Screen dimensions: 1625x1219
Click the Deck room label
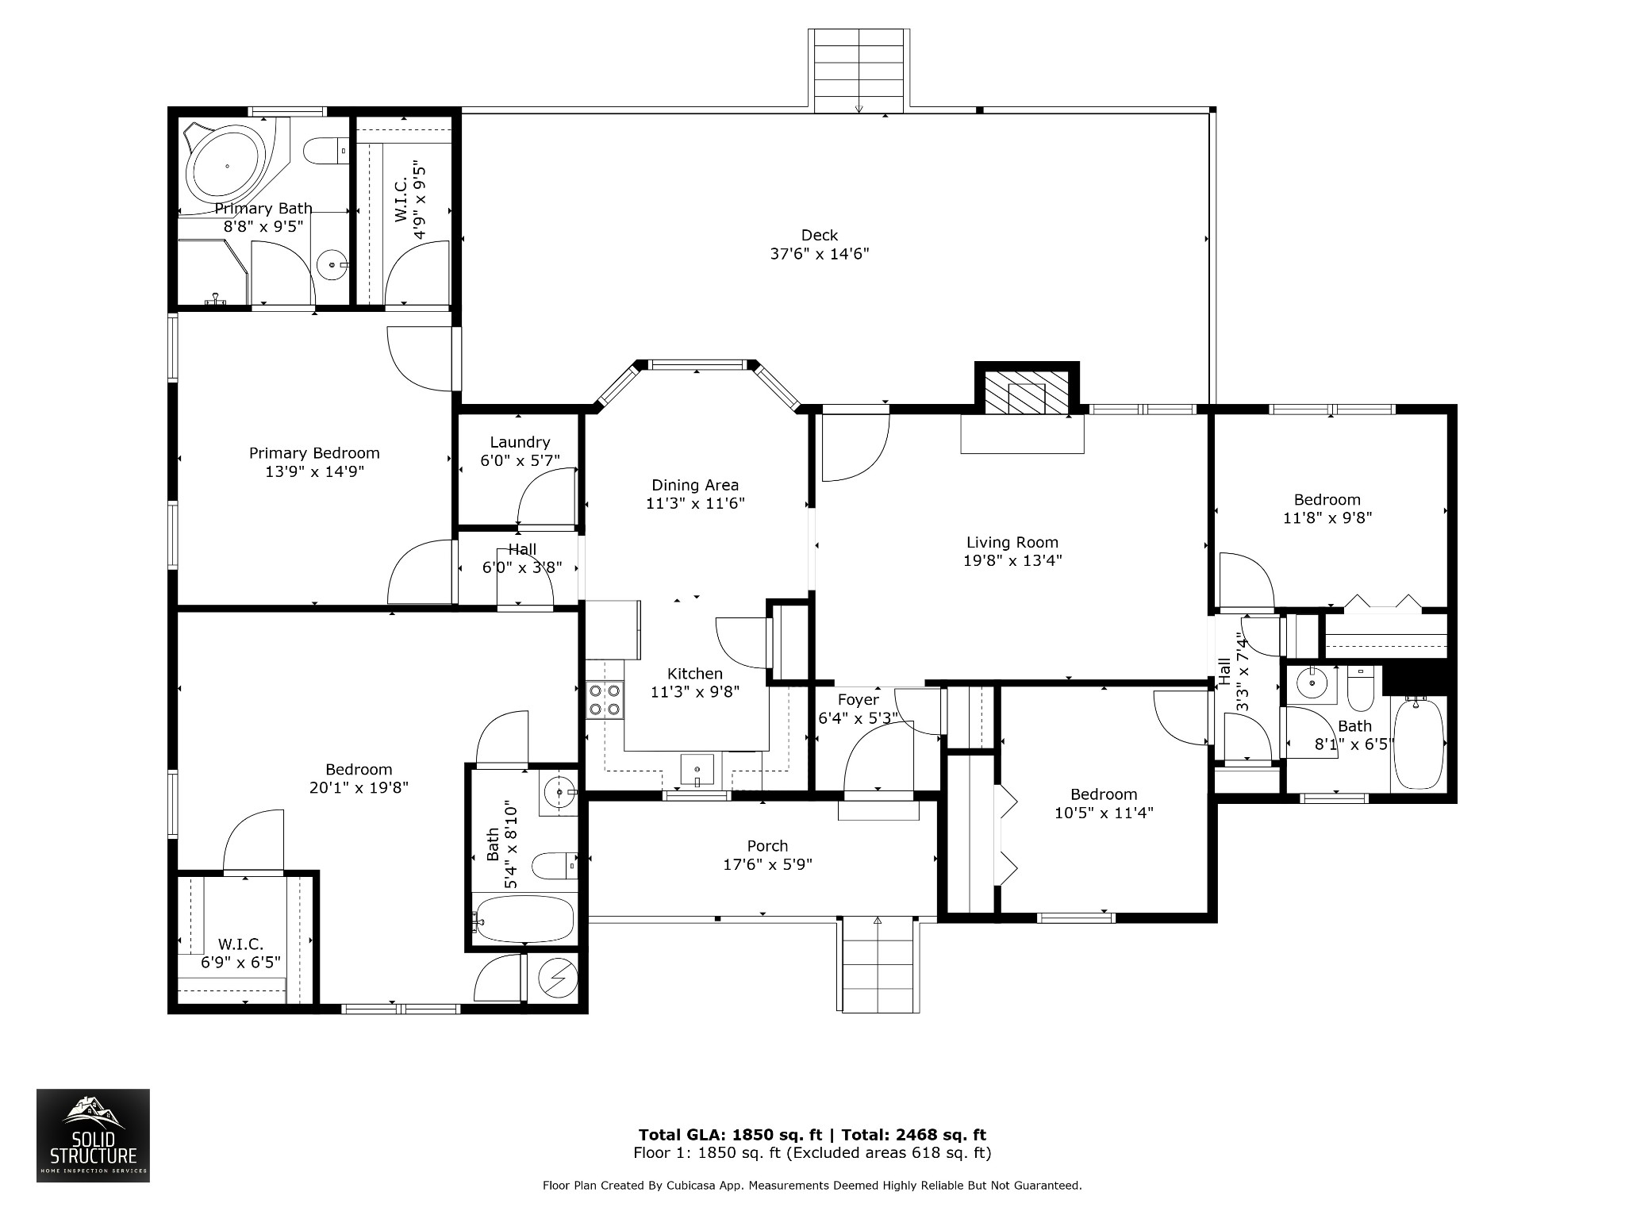pyautogui.click(x=820, y=236)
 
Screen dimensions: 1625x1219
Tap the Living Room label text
pyautogui.click(x=1012, y=543)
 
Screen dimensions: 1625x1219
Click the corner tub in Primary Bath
pyautogui.click(x=228, y=166)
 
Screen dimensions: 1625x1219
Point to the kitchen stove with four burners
pyautogui.click(x=605, y=699)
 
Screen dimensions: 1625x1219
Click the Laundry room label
pyautogui.click(x=520, y=443)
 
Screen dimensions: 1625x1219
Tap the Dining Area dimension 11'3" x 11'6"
pyautogui.click(x=695, y=503)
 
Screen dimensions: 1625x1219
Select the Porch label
pyautogui.click(x=767, y=846)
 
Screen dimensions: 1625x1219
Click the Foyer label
pyautogui.click(x=858, y=700)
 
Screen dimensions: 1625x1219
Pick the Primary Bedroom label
pyautogui.click(x=314, y=453)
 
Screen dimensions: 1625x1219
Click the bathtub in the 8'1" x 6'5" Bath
pyautogui.click(x=1418, y=744)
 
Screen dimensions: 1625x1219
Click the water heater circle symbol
pyautogui.click(x=559, y=979)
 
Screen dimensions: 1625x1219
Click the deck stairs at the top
pyautogui.click(x=859, y=70)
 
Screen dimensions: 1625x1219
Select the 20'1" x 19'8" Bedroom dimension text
pyautogui.click(x=359, y=788)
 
